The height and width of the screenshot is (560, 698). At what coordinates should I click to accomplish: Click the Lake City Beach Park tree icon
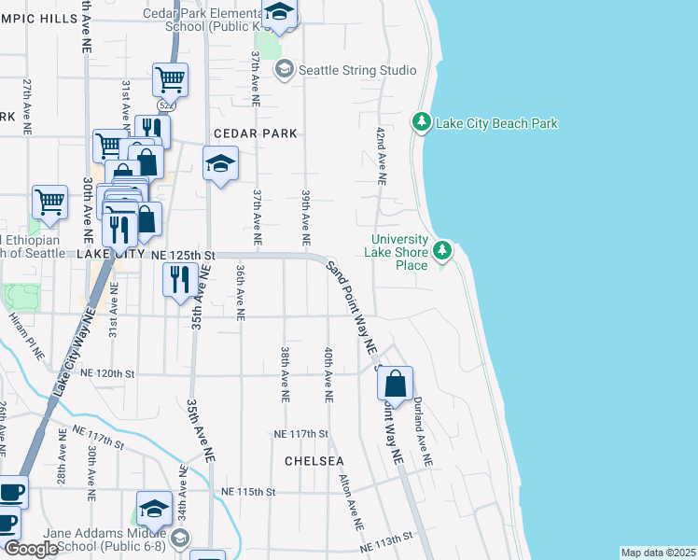(x=422, y=122)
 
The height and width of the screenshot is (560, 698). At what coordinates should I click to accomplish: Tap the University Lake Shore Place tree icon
(x=442, y=250)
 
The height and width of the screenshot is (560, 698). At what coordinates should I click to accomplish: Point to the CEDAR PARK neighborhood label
(x=255, y=133)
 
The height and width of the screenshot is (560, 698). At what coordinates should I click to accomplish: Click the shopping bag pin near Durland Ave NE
(x=395, y=384)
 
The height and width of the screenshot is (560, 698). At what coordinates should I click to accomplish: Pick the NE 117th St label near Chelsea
(x=301, y=434)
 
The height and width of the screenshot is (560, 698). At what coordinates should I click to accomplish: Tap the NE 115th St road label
(x=249, y=491)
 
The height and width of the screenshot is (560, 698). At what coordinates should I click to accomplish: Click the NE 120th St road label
(x=109, y=373)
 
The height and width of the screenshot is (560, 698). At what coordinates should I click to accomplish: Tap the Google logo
(x=31, y=549)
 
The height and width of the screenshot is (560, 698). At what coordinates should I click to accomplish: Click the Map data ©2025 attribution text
(x=658, y=553)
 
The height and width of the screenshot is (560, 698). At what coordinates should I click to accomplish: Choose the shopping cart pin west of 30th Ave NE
(x=49, y=200)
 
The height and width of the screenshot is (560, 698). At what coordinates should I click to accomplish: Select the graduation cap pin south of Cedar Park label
(x=220, y=165)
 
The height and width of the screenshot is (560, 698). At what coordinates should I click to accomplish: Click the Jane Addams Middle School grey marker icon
(x=181, y=538)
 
